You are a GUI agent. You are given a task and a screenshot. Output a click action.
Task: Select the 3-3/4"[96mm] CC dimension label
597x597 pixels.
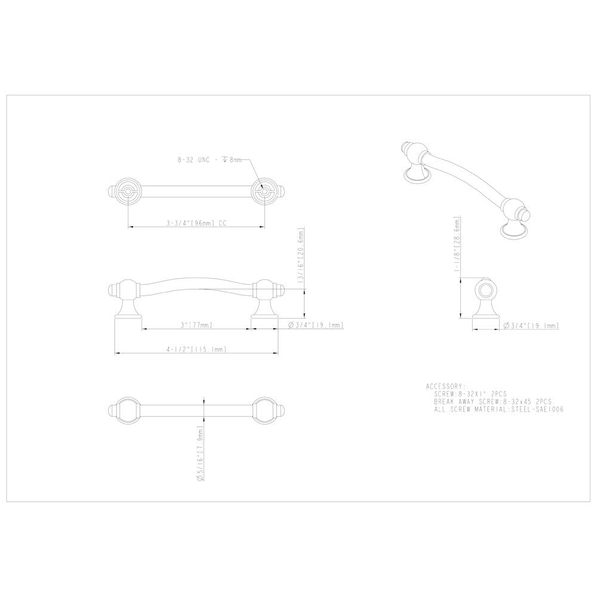[197, 223]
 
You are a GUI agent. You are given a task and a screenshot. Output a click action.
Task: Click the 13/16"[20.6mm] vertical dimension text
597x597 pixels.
[303, 258]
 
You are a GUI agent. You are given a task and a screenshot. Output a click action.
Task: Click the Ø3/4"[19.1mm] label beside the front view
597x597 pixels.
[316, 325]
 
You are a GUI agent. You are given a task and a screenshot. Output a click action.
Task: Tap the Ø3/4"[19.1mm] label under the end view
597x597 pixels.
[531, 325]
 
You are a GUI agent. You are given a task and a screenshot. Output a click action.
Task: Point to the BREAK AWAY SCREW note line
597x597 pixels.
[493, 402]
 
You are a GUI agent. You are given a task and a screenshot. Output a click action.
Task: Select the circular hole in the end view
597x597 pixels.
[487, 291]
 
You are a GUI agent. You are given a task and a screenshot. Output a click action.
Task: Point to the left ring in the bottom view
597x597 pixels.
[128, 411]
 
